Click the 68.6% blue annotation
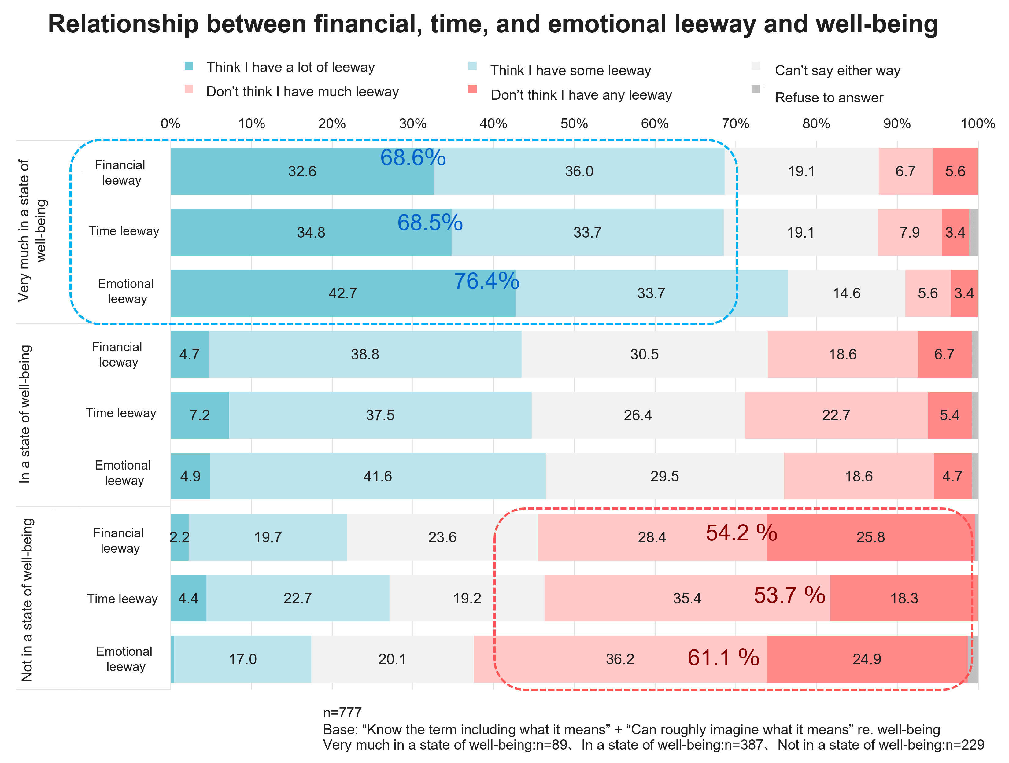413,158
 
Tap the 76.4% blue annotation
486,281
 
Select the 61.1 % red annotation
723,658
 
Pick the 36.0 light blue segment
579,171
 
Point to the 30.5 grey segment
644,354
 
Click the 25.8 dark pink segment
870,537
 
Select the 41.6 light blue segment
377,477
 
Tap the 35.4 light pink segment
687,598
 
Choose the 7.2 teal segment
200,415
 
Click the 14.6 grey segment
846,293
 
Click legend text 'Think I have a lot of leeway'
290,67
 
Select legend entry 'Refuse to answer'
829,98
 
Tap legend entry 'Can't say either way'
837,70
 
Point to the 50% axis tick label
574,123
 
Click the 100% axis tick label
978,123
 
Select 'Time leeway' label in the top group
124,231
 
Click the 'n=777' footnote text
342,712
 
